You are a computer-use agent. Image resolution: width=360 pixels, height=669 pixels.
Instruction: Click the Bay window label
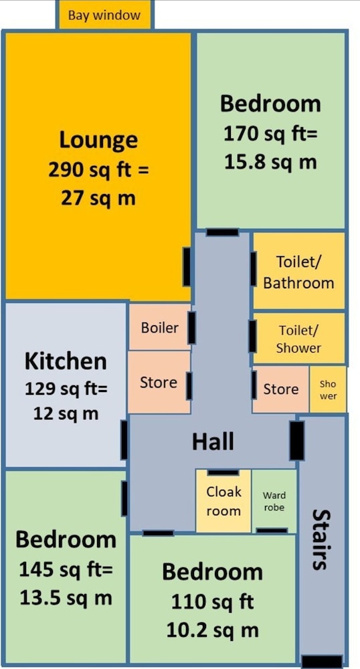coord(104,16)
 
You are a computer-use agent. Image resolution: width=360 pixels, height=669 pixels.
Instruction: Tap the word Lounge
coord(98,140)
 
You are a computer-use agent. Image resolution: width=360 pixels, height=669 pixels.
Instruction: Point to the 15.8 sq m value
coord(270,162)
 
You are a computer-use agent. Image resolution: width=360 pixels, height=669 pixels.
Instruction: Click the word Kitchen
coord(66,361)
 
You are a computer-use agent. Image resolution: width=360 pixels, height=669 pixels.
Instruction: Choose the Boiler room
coord(159,327)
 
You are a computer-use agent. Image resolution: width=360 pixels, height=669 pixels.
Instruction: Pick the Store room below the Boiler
coord(159,382)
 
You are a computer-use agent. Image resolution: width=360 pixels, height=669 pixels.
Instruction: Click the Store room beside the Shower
coord(280,389)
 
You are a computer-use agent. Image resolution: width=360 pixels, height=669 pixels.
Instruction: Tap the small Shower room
coord(328,389)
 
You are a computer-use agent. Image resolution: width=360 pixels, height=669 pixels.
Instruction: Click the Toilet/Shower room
coord(298,339)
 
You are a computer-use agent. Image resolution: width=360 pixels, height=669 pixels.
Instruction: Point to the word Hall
coord(213,441)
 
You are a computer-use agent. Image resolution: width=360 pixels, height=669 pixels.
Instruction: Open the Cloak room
coord(223,500)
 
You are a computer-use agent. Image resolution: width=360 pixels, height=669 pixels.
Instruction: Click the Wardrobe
coord(274,500)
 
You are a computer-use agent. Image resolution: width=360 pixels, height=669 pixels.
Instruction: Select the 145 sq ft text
coord(66,569)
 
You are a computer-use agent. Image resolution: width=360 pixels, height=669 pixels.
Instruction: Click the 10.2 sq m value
coord(212,631)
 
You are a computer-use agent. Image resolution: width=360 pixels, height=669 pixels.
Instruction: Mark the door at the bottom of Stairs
coord(322,662)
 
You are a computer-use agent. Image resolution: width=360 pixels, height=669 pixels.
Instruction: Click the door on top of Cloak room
coord(223,472)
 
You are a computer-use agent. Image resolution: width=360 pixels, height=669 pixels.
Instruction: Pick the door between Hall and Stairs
coord(297,441)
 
